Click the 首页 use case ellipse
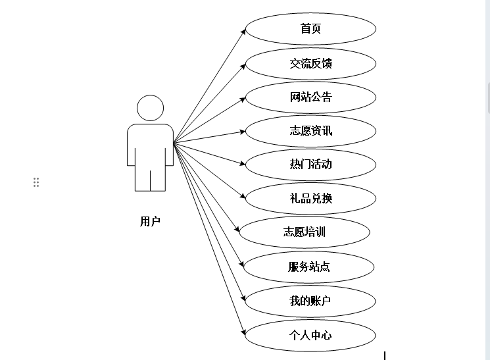(310, 30)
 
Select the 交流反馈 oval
(310, 64)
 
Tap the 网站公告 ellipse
(310, 97)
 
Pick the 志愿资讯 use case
(310, 130)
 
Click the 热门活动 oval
(310, 164)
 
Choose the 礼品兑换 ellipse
(310, 198)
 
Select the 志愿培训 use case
(305, 232)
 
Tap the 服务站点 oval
(309, 267)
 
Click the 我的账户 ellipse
(310, 301)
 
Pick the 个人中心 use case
(310, 335)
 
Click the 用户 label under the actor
(150, 221)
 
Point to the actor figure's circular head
(150, 108)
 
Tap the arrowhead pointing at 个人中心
(243, 332)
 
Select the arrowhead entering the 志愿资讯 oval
(242, 131)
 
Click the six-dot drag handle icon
(36, 182)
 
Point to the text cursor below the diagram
(385, 355)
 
